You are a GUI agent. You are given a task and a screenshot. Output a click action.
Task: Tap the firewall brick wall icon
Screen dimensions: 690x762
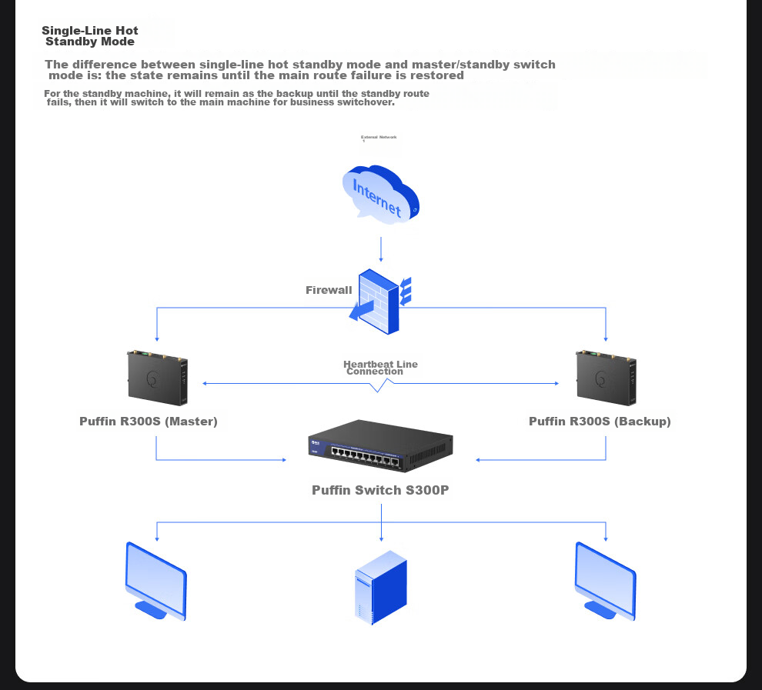click(x=379, y=301)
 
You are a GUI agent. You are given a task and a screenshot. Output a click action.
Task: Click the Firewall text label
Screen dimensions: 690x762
click(x=329, y=290)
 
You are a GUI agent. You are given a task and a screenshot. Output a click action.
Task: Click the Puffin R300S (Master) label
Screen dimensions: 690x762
click(x=149, y=422)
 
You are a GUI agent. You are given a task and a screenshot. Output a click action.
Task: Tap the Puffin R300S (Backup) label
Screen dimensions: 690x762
click(x=600, y=422)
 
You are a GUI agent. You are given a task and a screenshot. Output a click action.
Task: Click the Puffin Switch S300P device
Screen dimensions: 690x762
click(x=380, y=447)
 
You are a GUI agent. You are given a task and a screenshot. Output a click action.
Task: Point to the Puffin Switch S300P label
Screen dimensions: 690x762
click(x=380, y=490)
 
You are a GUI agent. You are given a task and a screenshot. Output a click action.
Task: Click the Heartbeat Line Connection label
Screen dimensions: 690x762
click(x=380, y=368)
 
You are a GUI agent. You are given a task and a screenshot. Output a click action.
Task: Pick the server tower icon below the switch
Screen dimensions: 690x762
click(x=381, y=586)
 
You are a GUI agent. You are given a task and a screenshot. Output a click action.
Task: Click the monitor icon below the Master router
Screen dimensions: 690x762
click(x=156, y=580)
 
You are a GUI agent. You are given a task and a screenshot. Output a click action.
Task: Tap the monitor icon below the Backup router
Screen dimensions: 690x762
click(x=606, y=580)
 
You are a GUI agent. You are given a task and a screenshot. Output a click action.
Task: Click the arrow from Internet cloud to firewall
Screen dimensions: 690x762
click(x=381, y=251)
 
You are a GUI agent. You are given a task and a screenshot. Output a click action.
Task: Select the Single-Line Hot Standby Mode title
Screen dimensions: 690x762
click(x=90, y=36)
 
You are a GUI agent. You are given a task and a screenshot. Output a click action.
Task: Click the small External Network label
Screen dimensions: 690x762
click(x=379, y=138)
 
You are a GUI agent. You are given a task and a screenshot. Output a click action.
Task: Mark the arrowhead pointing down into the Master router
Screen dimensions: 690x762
click(x=157, y=338)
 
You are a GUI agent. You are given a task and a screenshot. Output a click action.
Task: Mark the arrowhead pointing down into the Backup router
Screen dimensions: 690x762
click(x=607, y=338)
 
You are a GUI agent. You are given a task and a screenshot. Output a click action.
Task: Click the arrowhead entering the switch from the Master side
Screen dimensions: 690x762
click(x=282, y=460)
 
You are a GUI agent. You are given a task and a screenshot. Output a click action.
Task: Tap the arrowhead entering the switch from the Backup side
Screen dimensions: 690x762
click(x=479, y=460)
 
